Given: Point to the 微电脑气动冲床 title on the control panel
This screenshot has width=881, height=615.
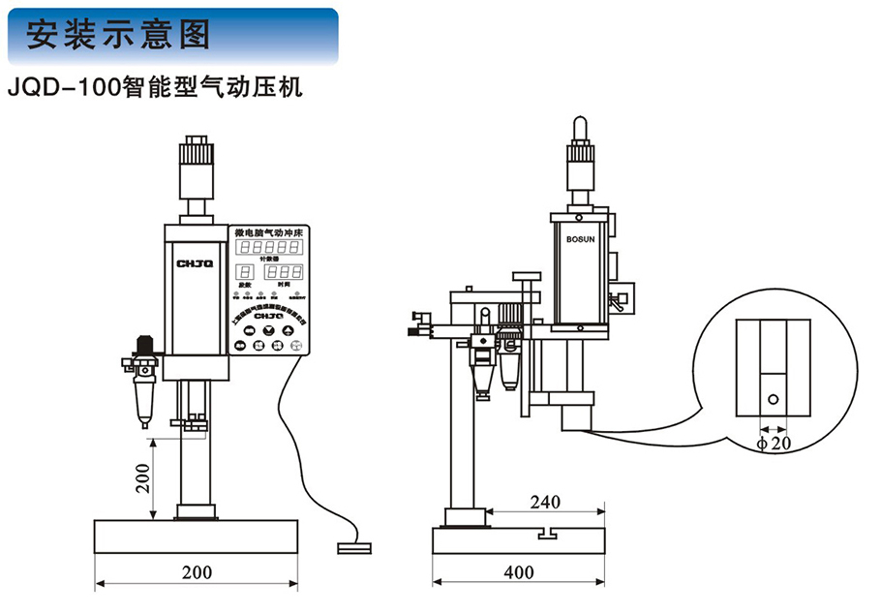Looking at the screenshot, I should coord(268,232).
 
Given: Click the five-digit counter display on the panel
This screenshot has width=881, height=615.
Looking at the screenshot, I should coord(268,248).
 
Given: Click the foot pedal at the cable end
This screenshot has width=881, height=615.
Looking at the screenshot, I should coord(353,549).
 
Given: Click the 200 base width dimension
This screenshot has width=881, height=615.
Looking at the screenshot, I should coord(197,572).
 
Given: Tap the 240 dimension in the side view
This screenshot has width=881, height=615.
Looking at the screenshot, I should coord(546,502).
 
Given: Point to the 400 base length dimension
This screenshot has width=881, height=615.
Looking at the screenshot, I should coord(519,572).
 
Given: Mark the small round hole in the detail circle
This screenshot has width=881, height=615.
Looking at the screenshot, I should coord(772,398).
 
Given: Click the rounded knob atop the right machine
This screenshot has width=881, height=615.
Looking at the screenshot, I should coord(582,127).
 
